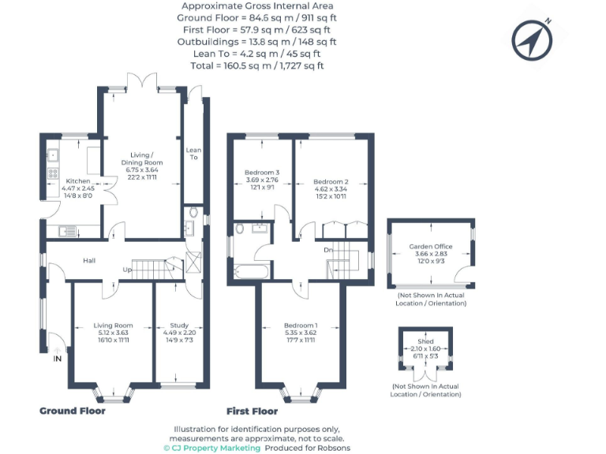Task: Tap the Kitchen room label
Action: click(77, 181)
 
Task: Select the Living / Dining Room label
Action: click(141, 159)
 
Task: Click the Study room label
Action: click(179, 325)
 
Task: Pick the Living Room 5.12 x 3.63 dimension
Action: click(113, 333)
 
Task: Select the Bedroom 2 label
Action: click(331, 181)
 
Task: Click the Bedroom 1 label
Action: click(301, 326)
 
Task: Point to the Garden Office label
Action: click(430, 247)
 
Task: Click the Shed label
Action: click(425, 341)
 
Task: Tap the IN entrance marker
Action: click(57, 359)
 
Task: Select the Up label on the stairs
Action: click(126, 270)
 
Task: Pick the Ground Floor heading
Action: click(73, 411)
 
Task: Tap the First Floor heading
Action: click(252, 411)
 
